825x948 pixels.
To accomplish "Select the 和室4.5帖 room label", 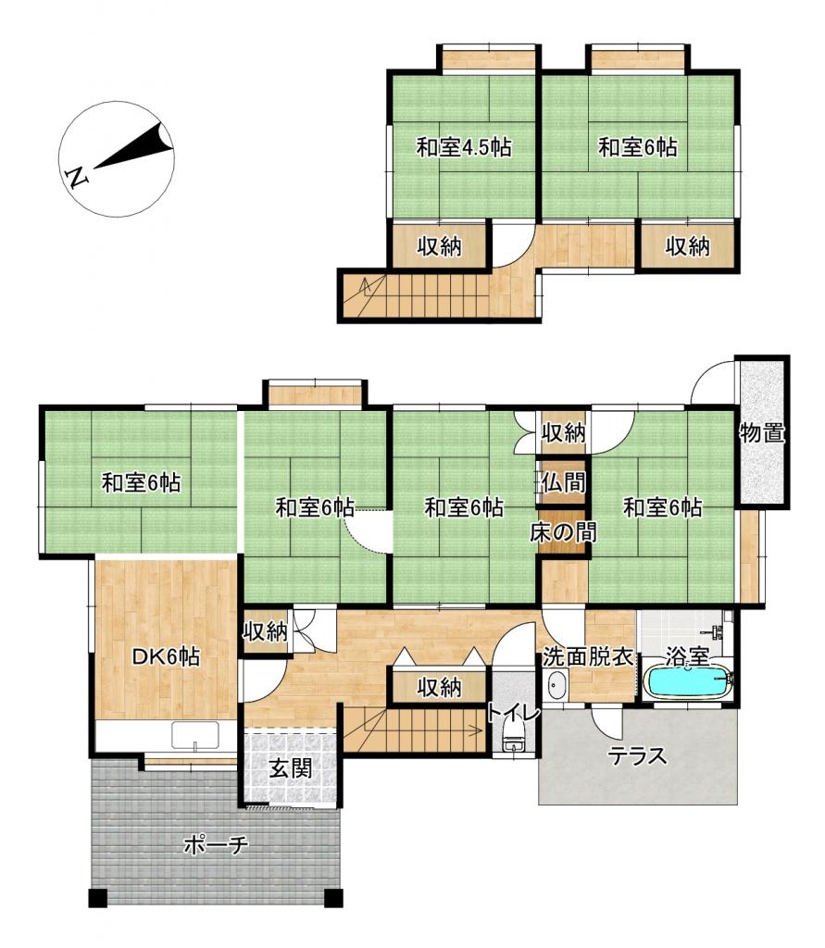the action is click(x=464, y=147).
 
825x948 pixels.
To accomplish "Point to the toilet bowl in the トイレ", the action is click(x=513, y=738).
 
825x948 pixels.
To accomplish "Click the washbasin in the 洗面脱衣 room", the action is click(x=556, y=686).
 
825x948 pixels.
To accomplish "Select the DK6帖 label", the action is click(x=167, y=656).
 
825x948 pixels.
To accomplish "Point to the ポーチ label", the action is click(x=216, y=844).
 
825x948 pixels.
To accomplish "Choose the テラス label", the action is click(x=637, y=755).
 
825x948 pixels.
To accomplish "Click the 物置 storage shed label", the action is click(x=762, y=433).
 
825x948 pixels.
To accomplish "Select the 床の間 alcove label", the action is click(x=563, y=532).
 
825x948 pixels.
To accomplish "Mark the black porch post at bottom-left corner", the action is click(x=98, y=898).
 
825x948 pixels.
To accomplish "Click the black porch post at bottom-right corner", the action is click(x=333, y=898).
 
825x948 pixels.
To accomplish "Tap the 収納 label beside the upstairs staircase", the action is click(x=439, y=246).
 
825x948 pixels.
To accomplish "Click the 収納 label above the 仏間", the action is click(x=563, y=432).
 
